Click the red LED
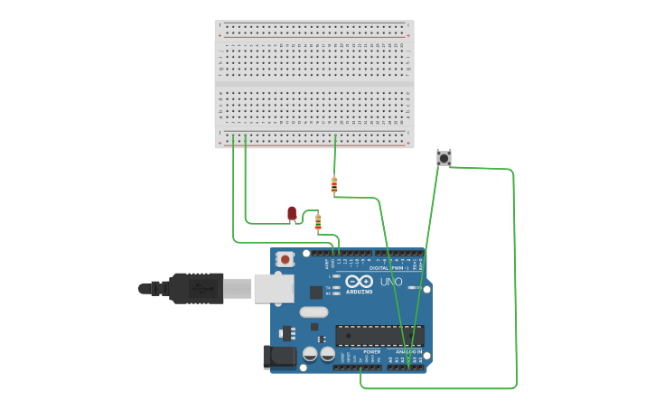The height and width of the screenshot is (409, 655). point(291,213)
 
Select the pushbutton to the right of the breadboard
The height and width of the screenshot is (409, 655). point(444,158)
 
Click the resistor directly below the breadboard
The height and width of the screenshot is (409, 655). point(334,185)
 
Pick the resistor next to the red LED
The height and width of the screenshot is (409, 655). point(318,222)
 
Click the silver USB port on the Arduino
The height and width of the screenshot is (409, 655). point(273,288)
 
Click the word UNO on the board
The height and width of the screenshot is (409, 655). point(391,282)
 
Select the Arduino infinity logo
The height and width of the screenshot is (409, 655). point(359,281)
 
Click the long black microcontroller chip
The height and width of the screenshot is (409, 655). point(379,336)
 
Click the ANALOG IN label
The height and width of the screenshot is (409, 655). point(408,352)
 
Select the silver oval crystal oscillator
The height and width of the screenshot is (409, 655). point(313,312)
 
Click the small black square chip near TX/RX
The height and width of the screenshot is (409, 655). point(315,293)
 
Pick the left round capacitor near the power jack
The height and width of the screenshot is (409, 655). point(310,354)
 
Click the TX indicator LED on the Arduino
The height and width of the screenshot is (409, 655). point(336,287)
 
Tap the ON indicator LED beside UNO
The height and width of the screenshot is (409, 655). point(412,288)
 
